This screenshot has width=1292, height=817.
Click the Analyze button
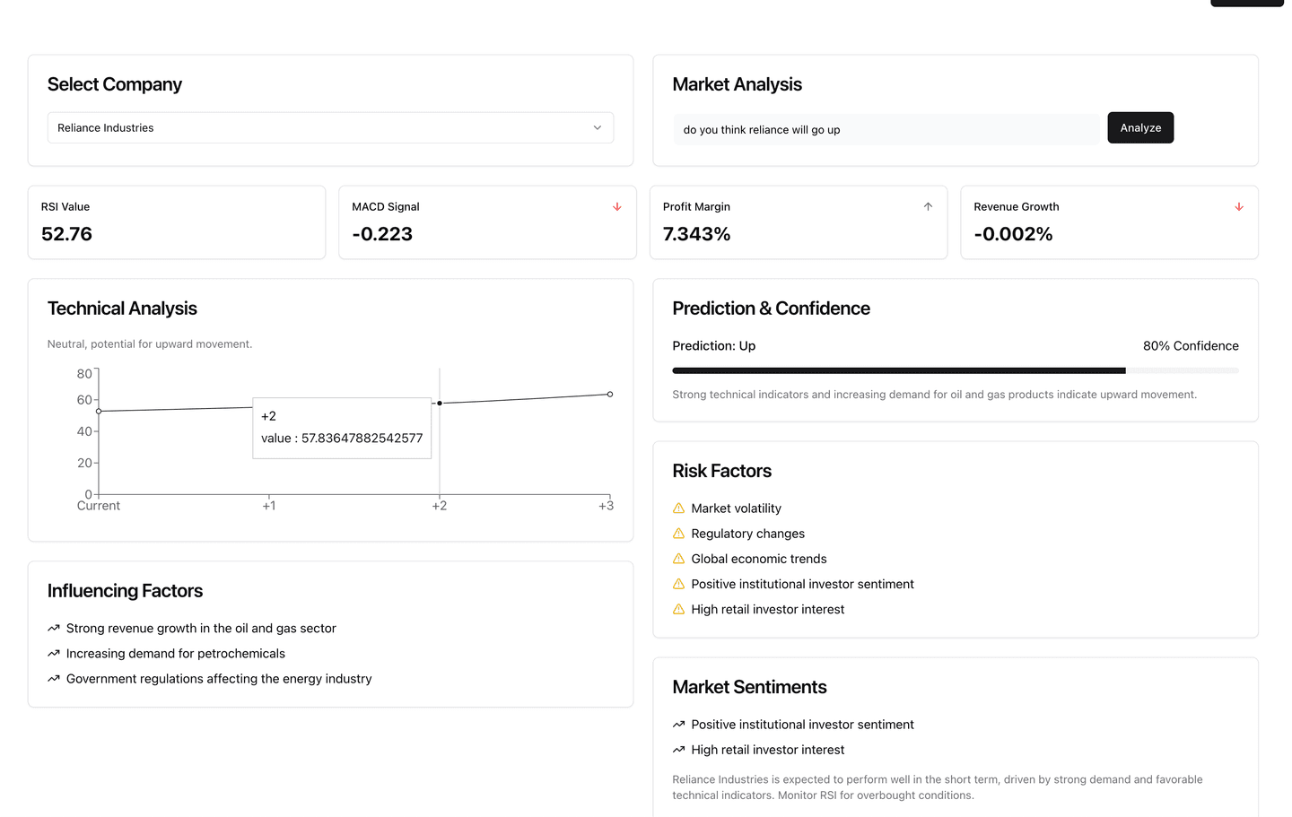click(1140, 127)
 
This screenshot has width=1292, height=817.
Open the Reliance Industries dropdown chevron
click(598, 127)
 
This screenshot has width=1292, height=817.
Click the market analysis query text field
click(886, 129)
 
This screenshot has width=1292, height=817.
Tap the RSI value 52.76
click(67, 234)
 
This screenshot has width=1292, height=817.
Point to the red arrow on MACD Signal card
click(617, 207)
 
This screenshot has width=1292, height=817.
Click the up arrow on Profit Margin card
click(928, 207)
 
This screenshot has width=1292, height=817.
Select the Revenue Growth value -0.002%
click(1013, 234)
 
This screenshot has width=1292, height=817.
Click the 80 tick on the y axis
click(84, 373)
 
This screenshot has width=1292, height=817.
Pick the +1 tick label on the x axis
click(269, 506)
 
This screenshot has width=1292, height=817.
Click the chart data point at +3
click(610, 395)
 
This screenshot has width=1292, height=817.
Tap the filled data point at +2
click(440, 403)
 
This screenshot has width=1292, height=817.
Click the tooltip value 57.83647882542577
click(362, 439)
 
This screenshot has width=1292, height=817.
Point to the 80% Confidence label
click(1191, 346)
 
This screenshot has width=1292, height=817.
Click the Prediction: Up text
click(714, 346)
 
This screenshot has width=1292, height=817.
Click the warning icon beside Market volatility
click(679, 508)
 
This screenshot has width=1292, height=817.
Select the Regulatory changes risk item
click(747, 534)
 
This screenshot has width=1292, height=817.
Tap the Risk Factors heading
click(722, 471)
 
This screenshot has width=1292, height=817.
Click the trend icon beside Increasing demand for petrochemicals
click(54, 654)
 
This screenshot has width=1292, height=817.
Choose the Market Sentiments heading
click(749, 687)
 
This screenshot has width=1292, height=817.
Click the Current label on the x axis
click(99, 506)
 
